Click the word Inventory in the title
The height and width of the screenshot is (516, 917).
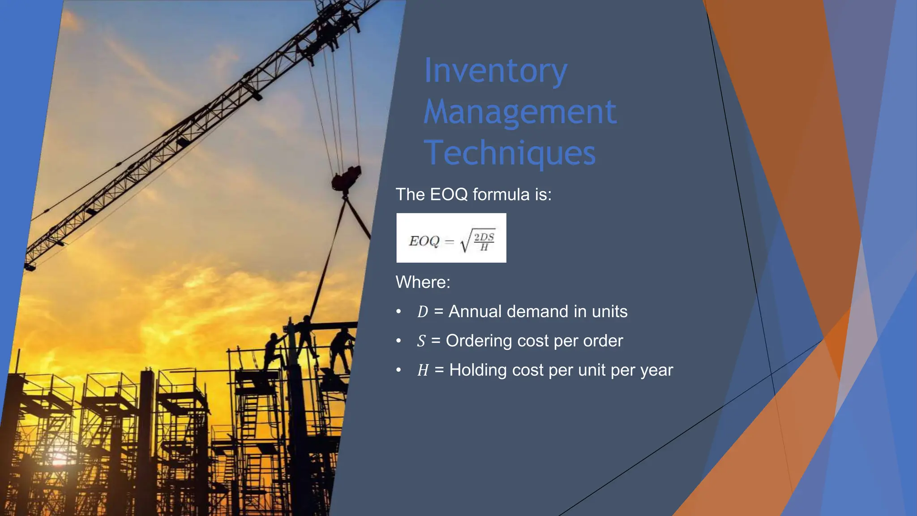tap(495, 71)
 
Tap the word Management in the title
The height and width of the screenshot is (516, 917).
tap(520, 112)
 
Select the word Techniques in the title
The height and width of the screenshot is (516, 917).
tap(510, 153)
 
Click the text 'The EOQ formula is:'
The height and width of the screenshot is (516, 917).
tap(473, 194)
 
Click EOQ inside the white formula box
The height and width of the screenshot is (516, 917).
tap(424, 241)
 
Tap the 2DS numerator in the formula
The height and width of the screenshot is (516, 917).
tap(484, 236)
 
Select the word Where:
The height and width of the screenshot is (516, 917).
tap(423, 282)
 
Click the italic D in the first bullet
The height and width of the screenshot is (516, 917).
tap(422, 312)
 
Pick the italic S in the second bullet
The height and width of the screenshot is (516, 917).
tap(421, 341)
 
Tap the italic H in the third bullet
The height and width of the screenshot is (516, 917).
tap(423, 370)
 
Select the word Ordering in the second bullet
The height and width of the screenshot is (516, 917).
tap(479, 341)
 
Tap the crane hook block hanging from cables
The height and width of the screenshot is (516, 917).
tap(346, 178)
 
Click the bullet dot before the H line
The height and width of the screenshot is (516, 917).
tap(399, 370)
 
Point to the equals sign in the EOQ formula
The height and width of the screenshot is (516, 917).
tap(450, 242)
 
